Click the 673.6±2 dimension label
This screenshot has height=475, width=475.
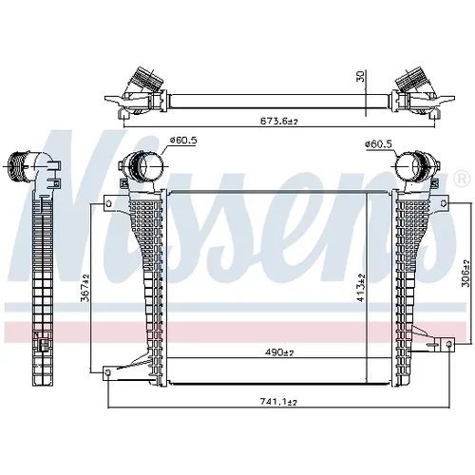[279, 121]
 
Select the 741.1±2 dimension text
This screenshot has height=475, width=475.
[278, 402]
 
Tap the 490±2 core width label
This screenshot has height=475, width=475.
[278, 352]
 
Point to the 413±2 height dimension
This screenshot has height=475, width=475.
[362, 288]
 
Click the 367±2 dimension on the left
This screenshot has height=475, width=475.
[85, 288]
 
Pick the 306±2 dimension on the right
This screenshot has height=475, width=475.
[465, 274]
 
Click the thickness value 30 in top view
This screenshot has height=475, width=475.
[361, 76]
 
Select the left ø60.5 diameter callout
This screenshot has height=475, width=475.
[183, 141]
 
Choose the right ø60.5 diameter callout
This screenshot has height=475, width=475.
[378, 144]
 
